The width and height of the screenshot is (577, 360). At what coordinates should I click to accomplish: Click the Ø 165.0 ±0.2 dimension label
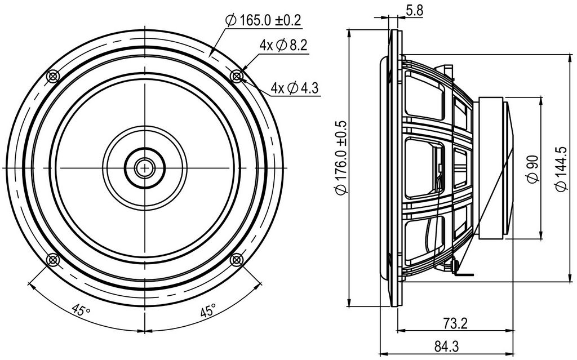pyautogui.click(x=264, y=20)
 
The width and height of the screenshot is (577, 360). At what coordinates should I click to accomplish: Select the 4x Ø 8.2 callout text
pyautogui.click(x=283, y=45)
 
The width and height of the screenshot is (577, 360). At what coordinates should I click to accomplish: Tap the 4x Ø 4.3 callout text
pyautogui.click(x=295, y=88)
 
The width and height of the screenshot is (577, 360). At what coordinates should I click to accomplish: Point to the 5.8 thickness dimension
pyautogui.click(x=415, y=10)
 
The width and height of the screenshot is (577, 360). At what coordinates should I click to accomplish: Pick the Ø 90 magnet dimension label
pyautogui.click(x=533, y=169)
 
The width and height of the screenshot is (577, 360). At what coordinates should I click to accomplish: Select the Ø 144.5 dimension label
pyautogui.click(x=562, y=168)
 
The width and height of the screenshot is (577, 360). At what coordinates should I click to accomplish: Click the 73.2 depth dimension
pyautogui.click(x=455, y=323)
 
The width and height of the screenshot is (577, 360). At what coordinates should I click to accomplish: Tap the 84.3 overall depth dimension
pyautogui.click(x=446, y=346)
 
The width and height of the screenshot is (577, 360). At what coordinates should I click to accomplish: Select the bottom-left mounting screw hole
pyautogui.click(x=53, y=260)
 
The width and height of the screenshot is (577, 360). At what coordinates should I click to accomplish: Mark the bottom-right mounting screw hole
pyautogui.click(x=236, y=260)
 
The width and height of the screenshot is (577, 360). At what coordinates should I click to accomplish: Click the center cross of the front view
pyautogui.click(x=145, y=168)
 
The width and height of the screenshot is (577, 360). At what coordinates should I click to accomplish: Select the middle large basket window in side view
pyautogui.click(x=424, y=168)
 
